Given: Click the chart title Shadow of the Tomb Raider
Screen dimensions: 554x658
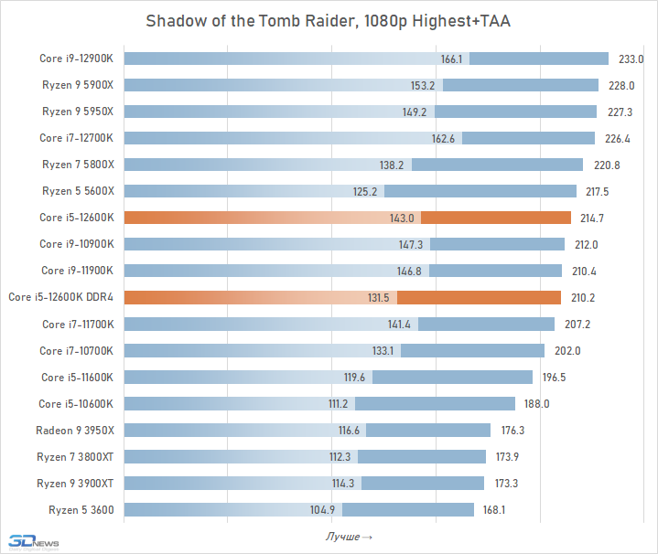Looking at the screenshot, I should [x=329, y=21].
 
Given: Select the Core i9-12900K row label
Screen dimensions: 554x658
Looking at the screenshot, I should [x=76, y=59].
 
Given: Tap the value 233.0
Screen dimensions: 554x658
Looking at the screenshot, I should [x=631, y=59].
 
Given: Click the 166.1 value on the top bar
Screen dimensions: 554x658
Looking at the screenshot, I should [x=452, y=59].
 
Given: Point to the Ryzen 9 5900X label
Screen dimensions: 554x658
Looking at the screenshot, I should [x=77, y=85].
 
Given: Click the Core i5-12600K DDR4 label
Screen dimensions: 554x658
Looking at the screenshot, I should [x=60, y=297].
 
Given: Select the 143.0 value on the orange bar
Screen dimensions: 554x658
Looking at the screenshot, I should [x=403, y=218].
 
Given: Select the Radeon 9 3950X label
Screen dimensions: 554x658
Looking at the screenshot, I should [x=75, y=430].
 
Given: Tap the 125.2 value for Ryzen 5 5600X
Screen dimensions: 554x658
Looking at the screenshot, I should [x=369, y=191].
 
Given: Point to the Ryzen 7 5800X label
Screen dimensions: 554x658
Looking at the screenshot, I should [x=77, y=165].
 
